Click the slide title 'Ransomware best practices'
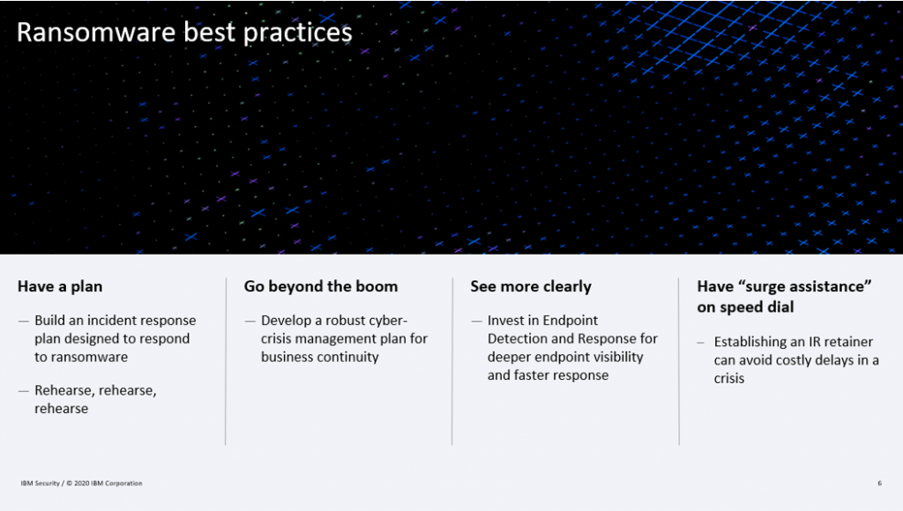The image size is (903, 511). [184, 33]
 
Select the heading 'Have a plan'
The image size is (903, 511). [60, 286]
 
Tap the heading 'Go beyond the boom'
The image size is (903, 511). [321, 286]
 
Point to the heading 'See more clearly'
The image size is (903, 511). [531, 286]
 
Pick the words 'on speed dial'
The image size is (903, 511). [745, 307]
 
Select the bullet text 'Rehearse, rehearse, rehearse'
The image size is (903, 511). [95, 399]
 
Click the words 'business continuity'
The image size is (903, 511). [319, 358]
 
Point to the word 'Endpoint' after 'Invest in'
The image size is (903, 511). [571, 321]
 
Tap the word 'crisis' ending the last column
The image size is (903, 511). [729, 379]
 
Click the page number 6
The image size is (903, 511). [879, 484]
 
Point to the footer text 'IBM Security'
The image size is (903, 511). [41, 484]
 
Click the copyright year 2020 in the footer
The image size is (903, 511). [81, 484]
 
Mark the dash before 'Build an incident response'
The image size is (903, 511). [24, 321]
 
